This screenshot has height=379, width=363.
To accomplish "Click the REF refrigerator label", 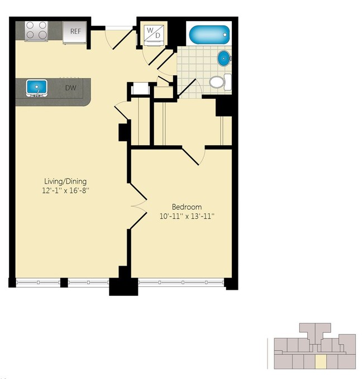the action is [x=75, y=31].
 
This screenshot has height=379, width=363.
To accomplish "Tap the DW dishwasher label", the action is [x=71, y=88].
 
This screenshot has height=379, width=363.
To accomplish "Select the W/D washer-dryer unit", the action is [x=154, y=33].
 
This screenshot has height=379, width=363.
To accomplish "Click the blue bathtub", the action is [x=209, y=35].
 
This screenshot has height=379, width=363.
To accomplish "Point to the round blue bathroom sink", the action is [x=224, y=58].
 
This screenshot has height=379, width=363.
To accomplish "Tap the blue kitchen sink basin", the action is [x=37, y=87].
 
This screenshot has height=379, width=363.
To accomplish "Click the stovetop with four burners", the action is [x=36, y=31].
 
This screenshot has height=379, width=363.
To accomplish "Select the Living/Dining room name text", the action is [x=65, y=181].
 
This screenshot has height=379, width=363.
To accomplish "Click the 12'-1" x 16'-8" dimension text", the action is [x=65, y=190].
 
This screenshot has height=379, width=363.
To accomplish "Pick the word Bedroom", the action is [x=187, y=207].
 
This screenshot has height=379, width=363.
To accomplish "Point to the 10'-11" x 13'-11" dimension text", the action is [x=187, y=216].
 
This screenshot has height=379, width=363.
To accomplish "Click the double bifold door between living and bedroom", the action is [x=138, y=206].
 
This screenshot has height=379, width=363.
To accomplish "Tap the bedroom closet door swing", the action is [x=194, y=156].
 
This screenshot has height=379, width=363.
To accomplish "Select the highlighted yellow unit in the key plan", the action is [x=321, y=362].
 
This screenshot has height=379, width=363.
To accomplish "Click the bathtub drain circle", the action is [x=225, y=35].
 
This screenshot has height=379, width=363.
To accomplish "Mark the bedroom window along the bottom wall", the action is [x=181, y=282].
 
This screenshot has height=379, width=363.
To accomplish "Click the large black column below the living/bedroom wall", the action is [x=123, y=284].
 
